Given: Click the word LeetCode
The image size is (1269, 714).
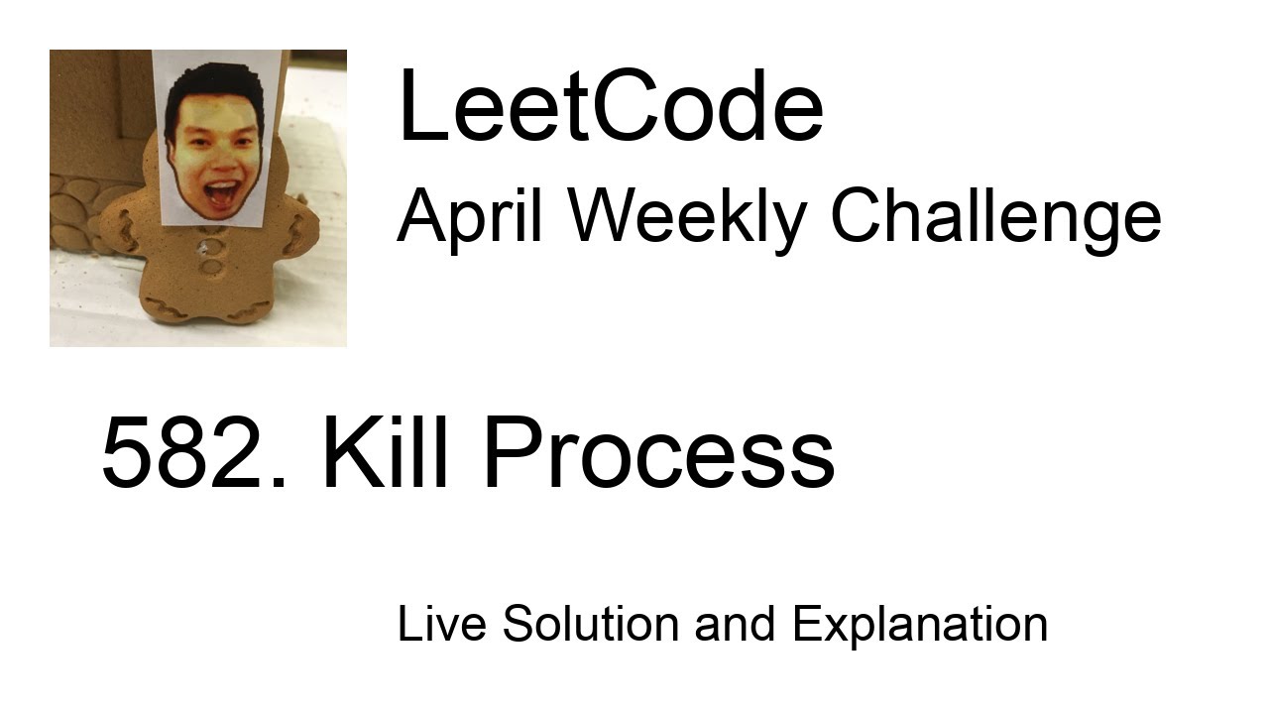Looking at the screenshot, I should point(610,108).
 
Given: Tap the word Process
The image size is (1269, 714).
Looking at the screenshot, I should point(658,454).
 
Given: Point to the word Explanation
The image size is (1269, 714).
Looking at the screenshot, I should point(920,624).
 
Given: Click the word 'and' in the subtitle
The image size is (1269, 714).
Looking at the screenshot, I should point(735,624).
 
